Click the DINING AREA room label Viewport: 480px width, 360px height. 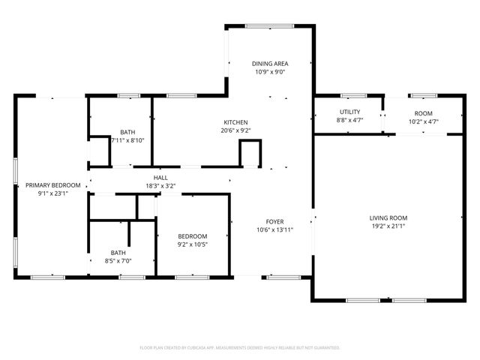pos(270,64)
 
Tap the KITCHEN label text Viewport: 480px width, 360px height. pos(235,122)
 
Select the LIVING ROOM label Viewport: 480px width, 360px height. pos(388,217)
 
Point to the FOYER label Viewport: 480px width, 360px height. pos(274,221)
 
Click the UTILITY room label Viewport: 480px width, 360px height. pos(349,112)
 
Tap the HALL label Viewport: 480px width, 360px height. pos(160,177)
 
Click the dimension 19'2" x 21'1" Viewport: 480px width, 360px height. pos(388,226)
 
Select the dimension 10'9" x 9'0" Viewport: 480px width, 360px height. pos(270,72)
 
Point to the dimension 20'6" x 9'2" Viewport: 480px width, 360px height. pos(235,130)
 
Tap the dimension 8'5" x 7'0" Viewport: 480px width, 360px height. pos(118,261)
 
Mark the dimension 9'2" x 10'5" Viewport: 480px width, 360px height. pos(193,244)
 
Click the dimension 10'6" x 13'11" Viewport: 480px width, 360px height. pos(274,229)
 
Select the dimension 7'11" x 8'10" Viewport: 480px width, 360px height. pos(127,140)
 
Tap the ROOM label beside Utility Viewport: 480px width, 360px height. pos(423,112)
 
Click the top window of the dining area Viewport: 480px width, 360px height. pos(269,27)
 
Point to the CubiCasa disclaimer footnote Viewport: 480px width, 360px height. pos(240,348)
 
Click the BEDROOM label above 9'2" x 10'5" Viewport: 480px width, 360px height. pos(193,236)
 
